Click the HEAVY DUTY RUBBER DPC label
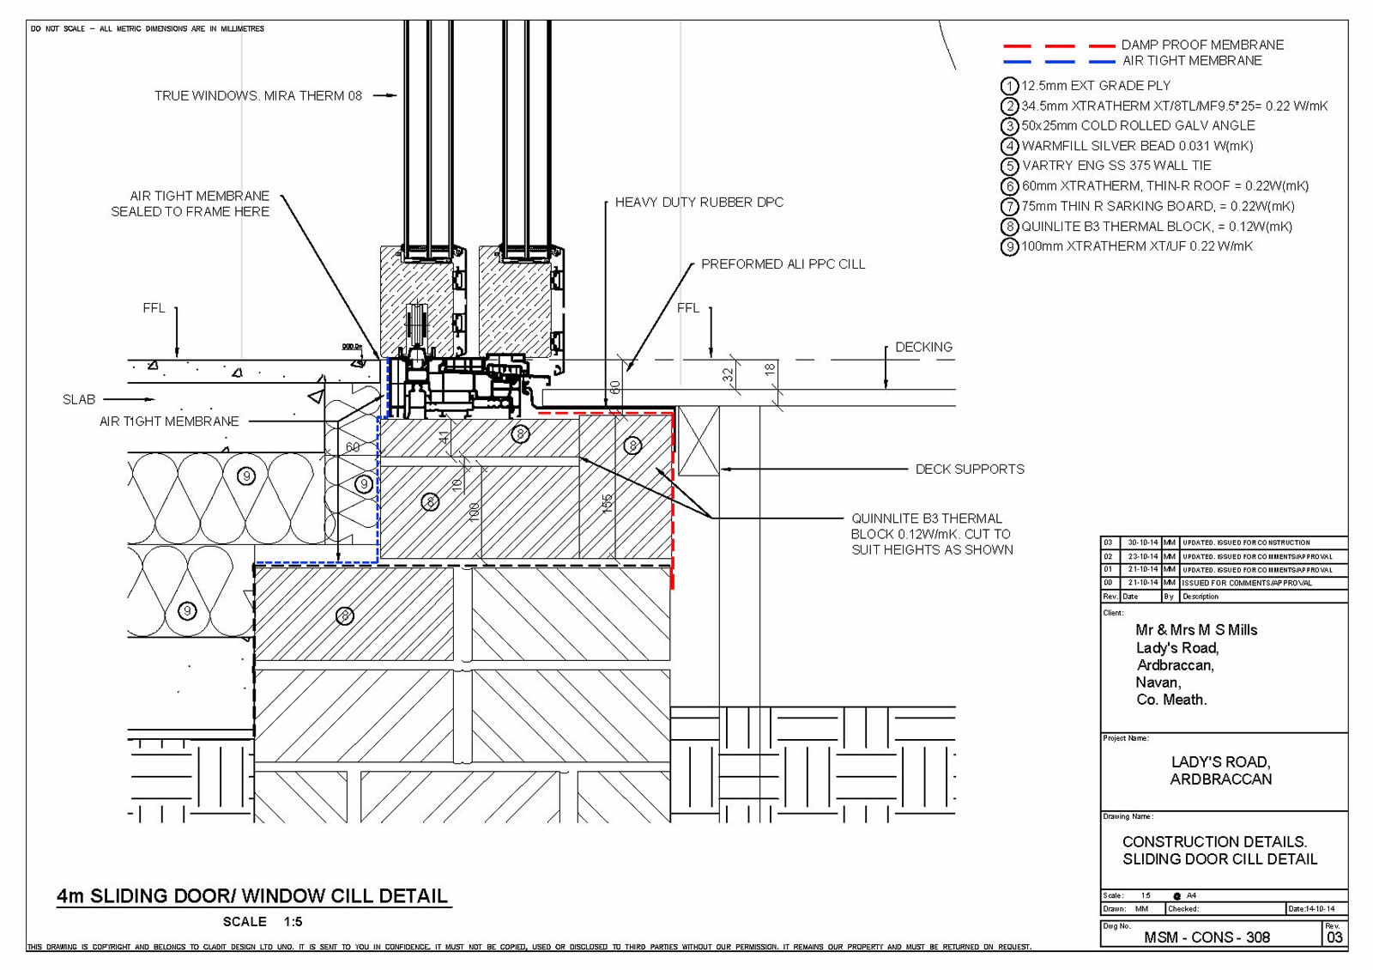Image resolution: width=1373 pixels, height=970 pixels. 699,203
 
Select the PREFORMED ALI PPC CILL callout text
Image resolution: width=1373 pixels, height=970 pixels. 783,264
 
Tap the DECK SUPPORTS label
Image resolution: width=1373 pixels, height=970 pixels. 970,470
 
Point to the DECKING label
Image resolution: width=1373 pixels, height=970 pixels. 923,348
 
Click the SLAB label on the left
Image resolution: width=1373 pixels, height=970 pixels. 79,400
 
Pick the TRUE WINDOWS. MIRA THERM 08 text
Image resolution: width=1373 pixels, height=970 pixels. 257,96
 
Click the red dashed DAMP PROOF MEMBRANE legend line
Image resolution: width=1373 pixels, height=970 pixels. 1058,45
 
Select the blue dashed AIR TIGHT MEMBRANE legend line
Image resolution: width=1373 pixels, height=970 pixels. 1058,62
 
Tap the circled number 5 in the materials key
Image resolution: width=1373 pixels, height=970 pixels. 1010,167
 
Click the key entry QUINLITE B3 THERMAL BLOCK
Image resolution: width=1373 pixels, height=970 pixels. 1156,227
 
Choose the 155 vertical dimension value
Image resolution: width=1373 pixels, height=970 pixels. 608,503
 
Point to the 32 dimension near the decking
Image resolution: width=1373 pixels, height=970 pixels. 728,375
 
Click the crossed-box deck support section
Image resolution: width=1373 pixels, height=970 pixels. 699,442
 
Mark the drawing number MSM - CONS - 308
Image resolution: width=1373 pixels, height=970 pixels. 1207,937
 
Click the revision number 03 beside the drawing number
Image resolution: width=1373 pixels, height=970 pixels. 1334,937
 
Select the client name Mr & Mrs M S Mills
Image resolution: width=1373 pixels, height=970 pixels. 1196,630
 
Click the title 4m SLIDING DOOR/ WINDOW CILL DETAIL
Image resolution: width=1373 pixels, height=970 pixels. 252,896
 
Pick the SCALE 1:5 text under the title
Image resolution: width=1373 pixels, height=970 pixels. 263,922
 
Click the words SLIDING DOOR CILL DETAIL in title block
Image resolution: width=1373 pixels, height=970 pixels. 1219,859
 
